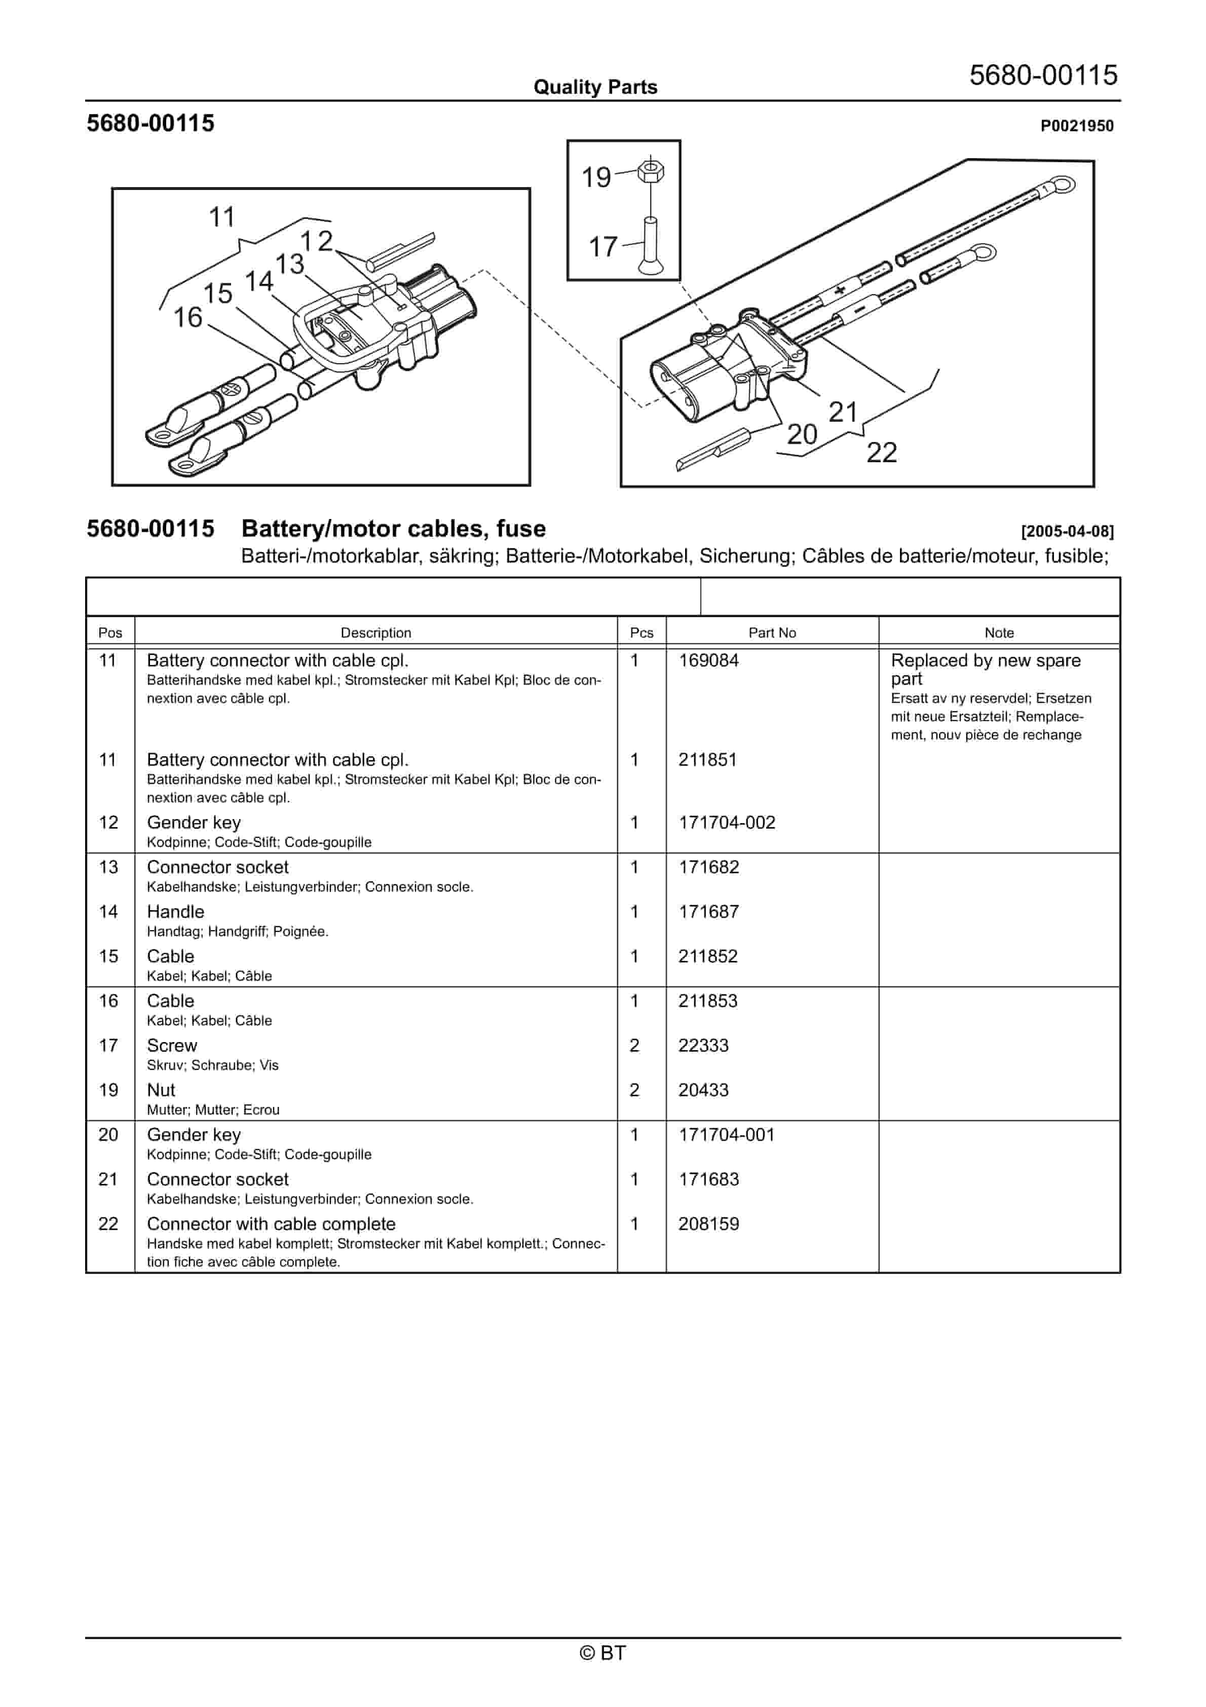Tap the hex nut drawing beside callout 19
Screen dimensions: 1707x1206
pos(651,170)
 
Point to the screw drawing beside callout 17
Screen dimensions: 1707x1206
pos(651,245)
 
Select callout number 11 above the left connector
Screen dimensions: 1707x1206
pos(221,218)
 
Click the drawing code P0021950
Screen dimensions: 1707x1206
pos(1077,126)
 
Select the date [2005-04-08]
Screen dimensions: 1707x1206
pos(1067,532)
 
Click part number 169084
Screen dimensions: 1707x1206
pos(708,661)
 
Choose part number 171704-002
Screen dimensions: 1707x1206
pos(727,823)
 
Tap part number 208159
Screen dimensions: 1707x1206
pos(708,1224)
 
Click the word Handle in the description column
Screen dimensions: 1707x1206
pos(175,912)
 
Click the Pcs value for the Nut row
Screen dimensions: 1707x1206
pos(634,1091)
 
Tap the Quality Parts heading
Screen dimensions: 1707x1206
pos(595,88)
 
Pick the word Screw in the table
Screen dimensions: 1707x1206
pos(172,1046)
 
